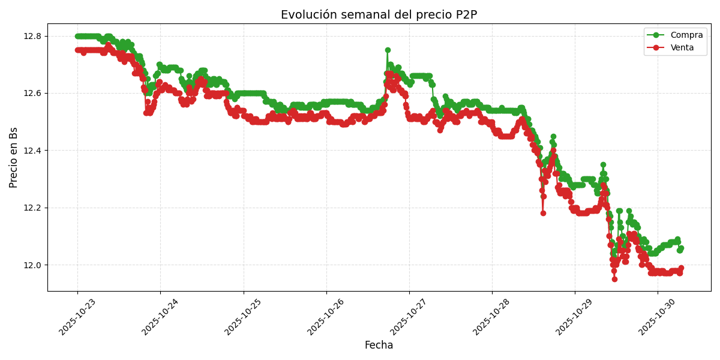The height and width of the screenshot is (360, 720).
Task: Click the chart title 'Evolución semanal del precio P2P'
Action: click(x=379, y=15)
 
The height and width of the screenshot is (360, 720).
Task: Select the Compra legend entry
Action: click(x=682, y=35)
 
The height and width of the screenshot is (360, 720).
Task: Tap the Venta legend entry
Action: click(x=682, y=48)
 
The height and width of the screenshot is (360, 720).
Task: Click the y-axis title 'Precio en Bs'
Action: click(x=14, y=157)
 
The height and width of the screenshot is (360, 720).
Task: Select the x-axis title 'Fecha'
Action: click(x=379, y=346)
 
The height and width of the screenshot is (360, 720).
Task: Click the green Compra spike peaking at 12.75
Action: click(x=388, y=50)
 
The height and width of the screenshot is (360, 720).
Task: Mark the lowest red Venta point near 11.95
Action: click(x=614, y=279)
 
